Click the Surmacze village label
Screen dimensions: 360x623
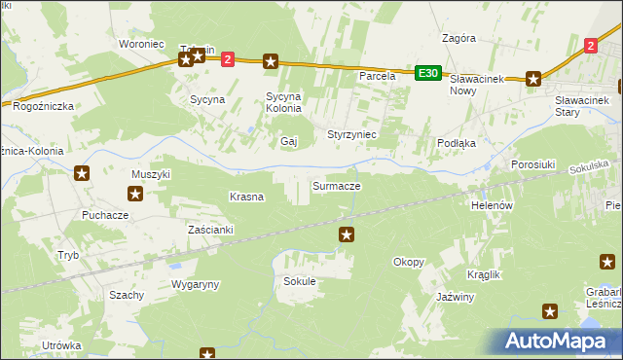337,185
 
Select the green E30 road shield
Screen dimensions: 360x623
427,73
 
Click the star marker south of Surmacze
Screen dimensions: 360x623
347,234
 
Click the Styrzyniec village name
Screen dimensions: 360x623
352,133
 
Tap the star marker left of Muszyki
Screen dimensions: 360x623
82,174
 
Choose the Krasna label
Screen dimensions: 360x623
246,197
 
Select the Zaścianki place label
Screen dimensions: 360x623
211,230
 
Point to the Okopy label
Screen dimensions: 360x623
409,262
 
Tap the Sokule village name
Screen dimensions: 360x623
300,281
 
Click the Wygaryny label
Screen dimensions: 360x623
196,284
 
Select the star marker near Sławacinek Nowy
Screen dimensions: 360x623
533,80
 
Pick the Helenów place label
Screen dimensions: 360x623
492,206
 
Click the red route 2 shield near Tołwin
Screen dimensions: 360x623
228,59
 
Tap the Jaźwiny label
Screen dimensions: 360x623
456,297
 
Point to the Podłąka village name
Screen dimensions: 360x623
456,142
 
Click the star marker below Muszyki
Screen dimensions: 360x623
135,194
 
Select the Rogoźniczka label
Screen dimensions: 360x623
44,107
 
